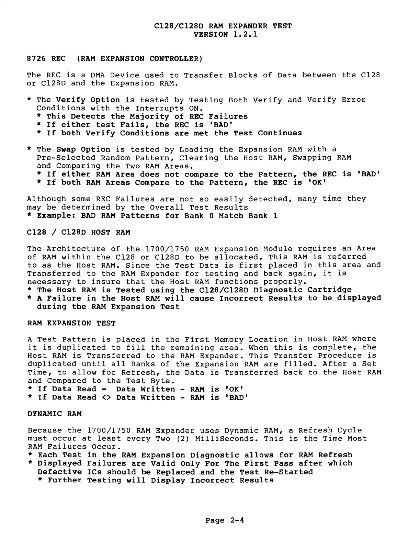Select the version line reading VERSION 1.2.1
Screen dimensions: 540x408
pos(225,34)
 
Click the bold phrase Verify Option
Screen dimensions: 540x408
pos(88,100)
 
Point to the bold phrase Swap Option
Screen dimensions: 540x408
pos(83,149)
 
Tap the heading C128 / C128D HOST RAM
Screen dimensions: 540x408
pos(79,233)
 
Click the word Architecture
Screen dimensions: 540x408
pos(76,249)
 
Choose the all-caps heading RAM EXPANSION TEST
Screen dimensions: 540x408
pos(71,323)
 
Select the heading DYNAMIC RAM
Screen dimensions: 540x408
pos(55,414)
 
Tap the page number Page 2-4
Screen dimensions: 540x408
pos(225,520)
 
